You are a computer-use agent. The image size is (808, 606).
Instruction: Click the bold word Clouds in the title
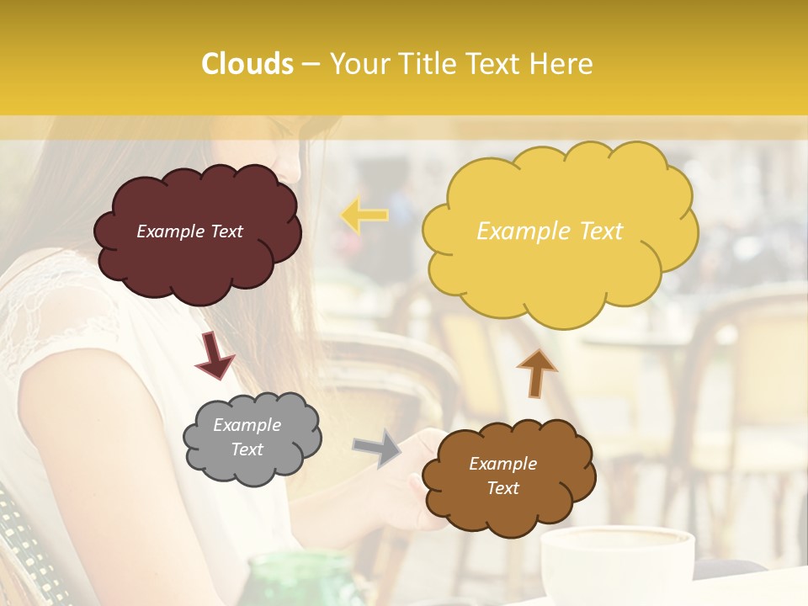247,64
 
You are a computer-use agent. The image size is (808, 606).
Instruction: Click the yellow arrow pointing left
364,215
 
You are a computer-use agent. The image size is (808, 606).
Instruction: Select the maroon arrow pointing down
214,354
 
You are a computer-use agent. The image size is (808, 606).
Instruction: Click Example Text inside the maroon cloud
189,231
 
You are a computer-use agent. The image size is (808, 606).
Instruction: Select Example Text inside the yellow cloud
550,231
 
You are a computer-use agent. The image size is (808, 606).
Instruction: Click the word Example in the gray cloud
247,425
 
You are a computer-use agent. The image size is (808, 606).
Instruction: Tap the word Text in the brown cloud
502,488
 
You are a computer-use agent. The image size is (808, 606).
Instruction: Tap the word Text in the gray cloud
247,449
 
